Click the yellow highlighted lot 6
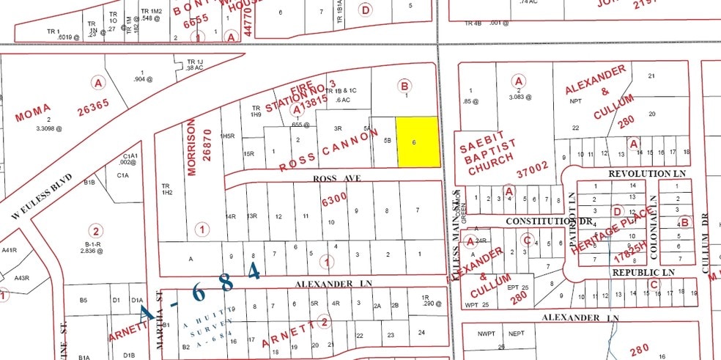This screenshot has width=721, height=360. (418, 142)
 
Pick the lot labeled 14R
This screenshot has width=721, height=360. (231, 216)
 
